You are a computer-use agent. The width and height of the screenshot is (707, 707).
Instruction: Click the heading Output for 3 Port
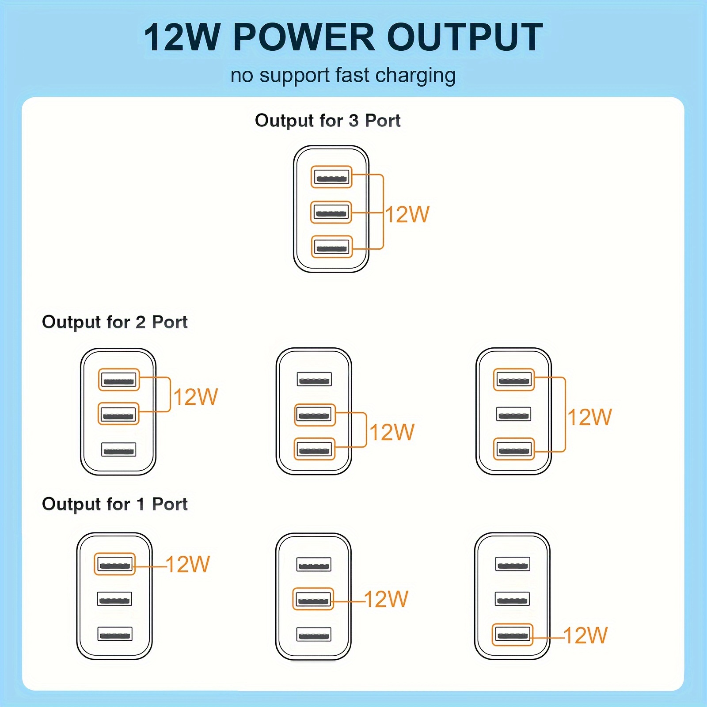327,121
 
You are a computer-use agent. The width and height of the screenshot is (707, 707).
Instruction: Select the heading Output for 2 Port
114,322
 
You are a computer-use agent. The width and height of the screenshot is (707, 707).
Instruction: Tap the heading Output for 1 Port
114,504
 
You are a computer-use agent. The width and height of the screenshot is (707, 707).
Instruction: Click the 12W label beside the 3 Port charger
407,215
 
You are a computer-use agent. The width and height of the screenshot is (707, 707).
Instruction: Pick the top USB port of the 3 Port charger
331,177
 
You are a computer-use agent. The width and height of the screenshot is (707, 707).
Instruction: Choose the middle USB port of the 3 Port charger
331,212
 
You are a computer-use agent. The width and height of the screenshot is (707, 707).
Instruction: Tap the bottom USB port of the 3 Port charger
332,247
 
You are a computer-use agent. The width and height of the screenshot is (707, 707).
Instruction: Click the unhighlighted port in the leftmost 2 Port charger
118,449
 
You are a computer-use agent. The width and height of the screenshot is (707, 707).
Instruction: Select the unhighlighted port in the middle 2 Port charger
314,379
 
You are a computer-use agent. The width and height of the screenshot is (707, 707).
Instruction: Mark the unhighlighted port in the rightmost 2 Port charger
513,414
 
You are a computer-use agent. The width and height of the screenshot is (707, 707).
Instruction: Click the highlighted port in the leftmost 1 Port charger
114,564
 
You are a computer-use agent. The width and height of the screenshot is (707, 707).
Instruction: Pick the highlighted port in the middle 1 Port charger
313,599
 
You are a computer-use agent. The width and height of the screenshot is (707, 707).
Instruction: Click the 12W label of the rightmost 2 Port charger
589,417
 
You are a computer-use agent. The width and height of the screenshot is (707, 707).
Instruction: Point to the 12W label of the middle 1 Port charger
386,600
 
